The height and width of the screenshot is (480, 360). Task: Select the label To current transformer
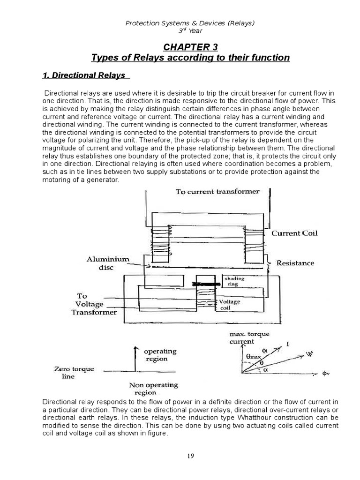pyautogui.click(x=217, y=191)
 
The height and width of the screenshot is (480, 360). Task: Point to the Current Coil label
pyautogui.click(x=292, y=233)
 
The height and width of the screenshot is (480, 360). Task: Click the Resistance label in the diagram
pyautogui.click(x=295, y=263)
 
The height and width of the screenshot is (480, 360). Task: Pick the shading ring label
pyautogui.click(x=233, y=281)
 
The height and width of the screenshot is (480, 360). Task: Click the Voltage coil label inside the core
pyautogui.click(x=229, y=305)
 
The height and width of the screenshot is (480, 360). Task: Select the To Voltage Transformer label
pyautogui.click(x=93, y=304)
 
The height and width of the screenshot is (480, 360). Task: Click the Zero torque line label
pyautogui.click(x=74, y=373)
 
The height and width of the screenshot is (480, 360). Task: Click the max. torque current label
pyautogui.click(x=249, y=338)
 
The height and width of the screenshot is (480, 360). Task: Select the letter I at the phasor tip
pyautogui.click(x=287, y=345)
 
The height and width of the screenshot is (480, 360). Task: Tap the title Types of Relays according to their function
pyautogui.click(x=190, y=58)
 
